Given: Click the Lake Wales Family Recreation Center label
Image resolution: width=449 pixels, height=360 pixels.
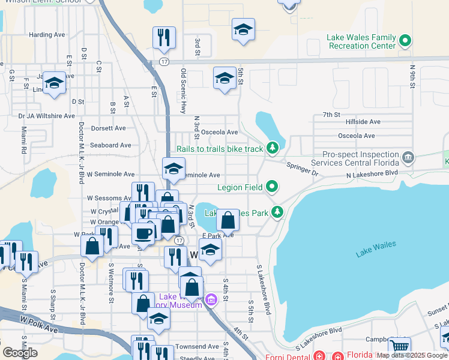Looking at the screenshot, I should (x=361, y=41).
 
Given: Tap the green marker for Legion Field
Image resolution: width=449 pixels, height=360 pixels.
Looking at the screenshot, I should (x=273, y=187).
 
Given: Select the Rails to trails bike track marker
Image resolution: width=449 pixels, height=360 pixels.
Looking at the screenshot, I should (x=273, y=148).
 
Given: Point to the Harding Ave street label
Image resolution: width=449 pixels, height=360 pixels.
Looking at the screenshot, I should (x=47, y=35).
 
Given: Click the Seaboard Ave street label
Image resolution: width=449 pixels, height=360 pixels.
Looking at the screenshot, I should (x=110, y=145).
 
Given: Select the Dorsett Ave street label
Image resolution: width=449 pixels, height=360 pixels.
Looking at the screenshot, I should (x=108, y=128).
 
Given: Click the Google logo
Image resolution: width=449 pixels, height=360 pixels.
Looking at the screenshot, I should (x=20, y=352).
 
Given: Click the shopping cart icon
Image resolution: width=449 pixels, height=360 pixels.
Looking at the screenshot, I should (x=399, y=347).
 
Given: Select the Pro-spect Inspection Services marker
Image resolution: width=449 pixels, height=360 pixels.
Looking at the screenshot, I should (x=408, y=157).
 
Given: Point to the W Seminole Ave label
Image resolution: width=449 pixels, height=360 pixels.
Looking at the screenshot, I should (x=110, y=174).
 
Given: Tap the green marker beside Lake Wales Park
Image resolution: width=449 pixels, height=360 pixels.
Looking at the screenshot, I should (x=277, y=211).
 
